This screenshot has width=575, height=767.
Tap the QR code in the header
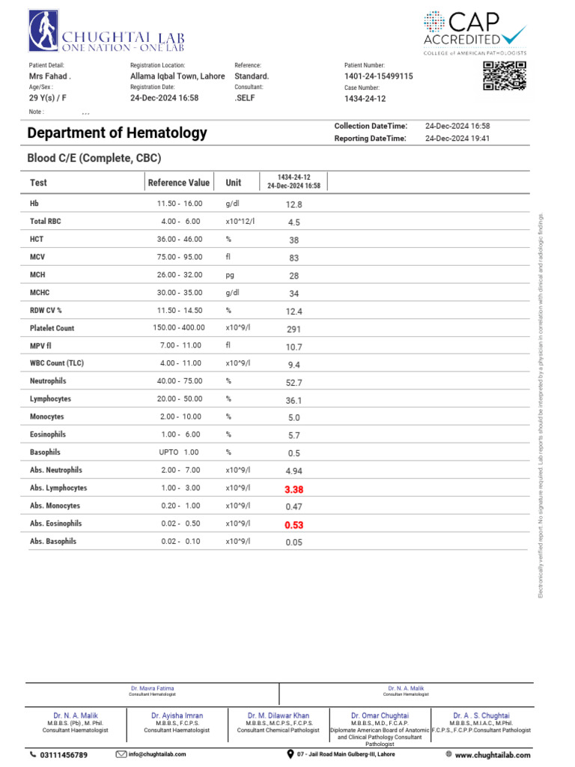504,76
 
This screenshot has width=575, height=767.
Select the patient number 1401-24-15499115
378,76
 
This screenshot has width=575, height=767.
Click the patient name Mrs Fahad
50,76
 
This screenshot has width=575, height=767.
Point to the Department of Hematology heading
117,133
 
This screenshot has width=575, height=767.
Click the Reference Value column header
179,183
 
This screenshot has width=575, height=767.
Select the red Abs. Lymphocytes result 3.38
293,489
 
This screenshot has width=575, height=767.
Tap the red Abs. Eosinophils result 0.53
293,525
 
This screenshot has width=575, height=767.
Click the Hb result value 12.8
293,204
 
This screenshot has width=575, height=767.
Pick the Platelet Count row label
52,328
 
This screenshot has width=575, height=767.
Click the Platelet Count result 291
293,329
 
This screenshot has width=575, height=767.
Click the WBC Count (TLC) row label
57,363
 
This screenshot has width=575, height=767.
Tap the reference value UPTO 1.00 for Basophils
180,452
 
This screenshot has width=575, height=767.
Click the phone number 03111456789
63,755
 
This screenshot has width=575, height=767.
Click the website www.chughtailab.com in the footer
492,755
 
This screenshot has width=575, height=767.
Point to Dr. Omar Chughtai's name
380,716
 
